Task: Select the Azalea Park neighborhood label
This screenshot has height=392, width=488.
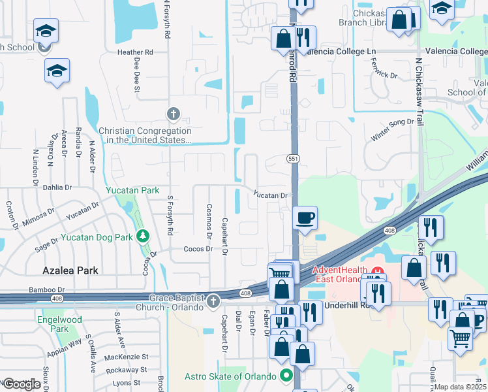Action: pyautogui.click(x=70, y=270)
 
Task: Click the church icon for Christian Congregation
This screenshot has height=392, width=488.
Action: pyautogui.click(x=174, y=114)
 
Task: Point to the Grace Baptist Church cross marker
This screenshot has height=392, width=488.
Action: pyautogui.click(x=213, y=301)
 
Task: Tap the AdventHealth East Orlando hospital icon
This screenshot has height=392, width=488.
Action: pyautogui.click(x=376, y=270)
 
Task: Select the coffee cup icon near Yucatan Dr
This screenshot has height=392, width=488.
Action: pyautogui.click(x=305, y=218)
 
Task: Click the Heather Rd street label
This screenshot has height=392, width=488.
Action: pyautogui.click(x=135, y=52)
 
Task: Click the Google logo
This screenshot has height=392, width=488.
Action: pyautogui.click(x=21, y=384)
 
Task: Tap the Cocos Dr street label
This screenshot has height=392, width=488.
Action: pyautogui.click(x=199, y=249)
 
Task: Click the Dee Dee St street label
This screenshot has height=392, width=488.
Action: pyautogui.click(x=137, y=77)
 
